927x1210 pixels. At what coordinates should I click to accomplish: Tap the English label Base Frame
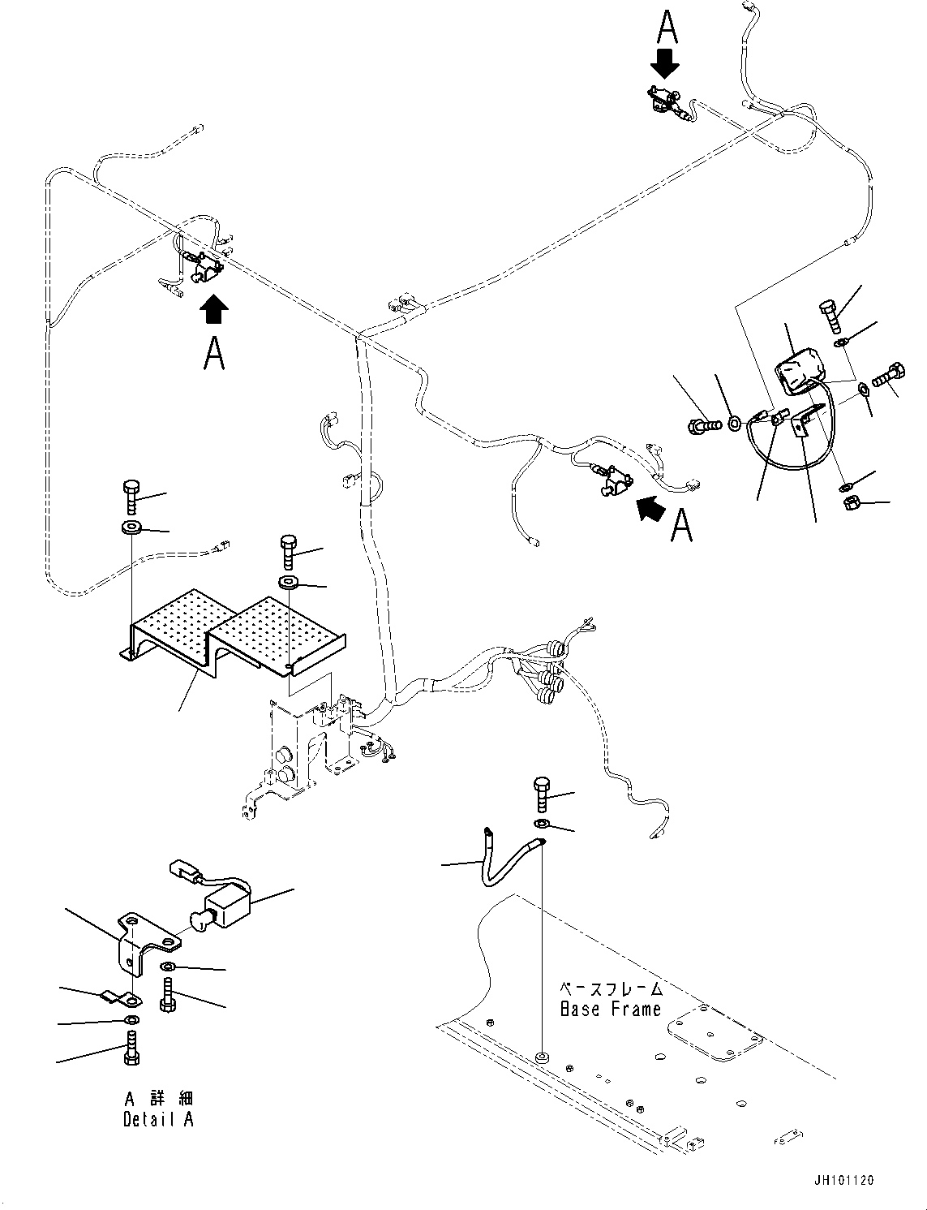pyautogui.click(x=611, y=1010)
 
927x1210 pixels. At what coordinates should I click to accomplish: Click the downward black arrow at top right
pyautogui.click(x=665, y=61)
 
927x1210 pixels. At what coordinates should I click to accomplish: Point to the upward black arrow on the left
pyautogui.click(x=213, y=308)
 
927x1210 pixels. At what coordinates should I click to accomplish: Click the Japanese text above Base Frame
pyautogui.click(x=611, y=989)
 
